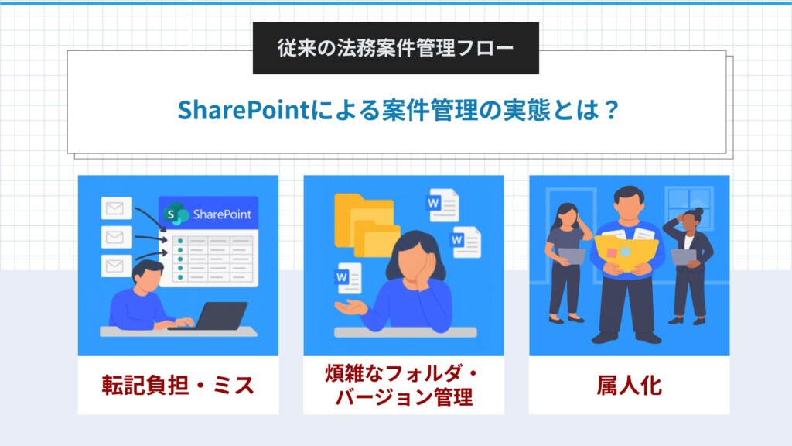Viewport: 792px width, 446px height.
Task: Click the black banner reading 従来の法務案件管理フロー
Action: point(395,48)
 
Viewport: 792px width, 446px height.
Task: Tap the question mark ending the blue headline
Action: point(612,110)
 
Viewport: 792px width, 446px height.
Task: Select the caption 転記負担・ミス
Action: point(179,386)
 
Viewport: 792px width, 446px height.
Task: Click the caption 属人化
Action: point(629,386)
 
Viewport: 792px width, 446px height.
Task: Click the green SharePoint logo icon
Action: point(175,214)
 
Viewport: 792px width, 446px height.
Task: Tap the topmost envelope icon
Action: point(117,208)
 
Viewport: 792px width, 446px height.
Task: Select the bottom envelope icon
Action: point(117,266)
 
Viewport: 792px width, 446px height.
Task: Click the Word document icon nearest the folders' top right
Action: point(443,205)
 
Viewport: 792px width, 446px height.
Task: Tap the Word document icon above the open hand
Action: point(349,279)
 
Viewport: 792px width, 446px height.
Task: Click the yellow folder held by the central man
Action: point(626,252)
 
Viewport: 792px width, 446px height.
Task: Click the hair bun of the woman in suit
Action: point(698,211)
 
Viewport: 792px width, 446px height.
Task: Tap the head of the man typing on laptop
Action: point(147,276)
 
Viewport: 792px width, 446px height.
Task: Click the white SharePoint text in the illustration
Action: point(222,214)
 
